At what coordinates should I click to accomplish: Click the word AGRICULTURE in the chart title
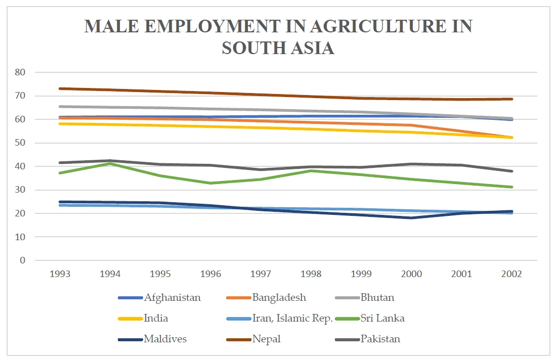pos(368,26)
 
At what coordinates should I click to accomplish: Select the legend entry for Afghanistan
pos(172,297)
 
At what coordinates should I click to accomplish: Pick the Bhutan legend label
pos(377,297)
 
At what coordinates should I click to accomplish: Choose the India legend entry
pos(155,318)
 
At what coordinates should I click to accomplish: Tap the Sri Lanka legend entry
pos(382,318)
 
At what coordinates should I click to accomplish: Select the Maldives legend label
pos(165,339)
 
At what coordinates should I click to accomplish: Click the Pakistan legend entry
pos(380,339)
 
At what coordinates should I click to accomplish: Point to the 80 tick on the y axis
pos(20,72)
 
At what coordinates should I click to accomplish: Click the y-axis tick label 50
pos(20,143)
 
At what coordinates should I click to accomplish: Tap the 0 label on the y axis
pos(22,260)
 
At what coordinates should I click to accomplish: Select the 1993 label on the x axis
pos(60,274)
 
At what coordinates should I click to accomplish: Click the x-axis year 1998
pos(311,274)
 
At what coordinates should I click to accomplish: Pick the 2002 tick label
pos(511,274)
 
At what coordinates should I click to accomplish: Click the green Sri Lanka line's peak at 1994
pos(110,163)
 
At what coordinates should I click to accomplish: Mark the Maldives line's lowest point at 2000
pos(411,218)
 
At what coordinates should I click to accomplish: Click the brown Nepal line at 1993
pos(60,88)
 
